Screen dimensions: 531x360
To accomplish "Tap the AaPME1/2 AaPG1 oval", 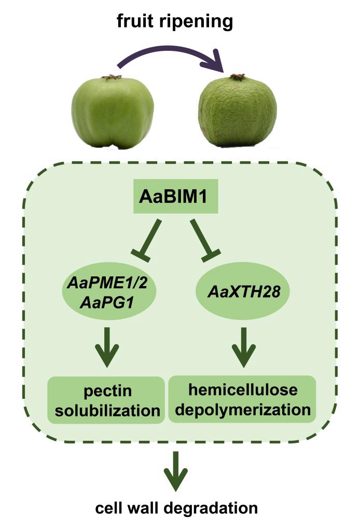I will coord(111,294).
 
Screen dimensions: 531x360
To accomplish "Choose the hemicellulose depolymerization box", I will coord(242,399).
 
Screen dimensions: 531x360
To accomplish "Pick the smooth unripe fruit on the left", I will coord(113,112).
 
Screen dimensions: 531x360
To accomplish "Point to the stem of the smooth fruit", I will coord(112,77).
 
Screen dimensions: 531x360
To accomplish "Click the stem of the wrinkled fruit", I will coord(238,77).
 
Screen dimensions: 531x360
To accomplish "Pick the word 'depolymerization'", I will coord(242,410).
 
